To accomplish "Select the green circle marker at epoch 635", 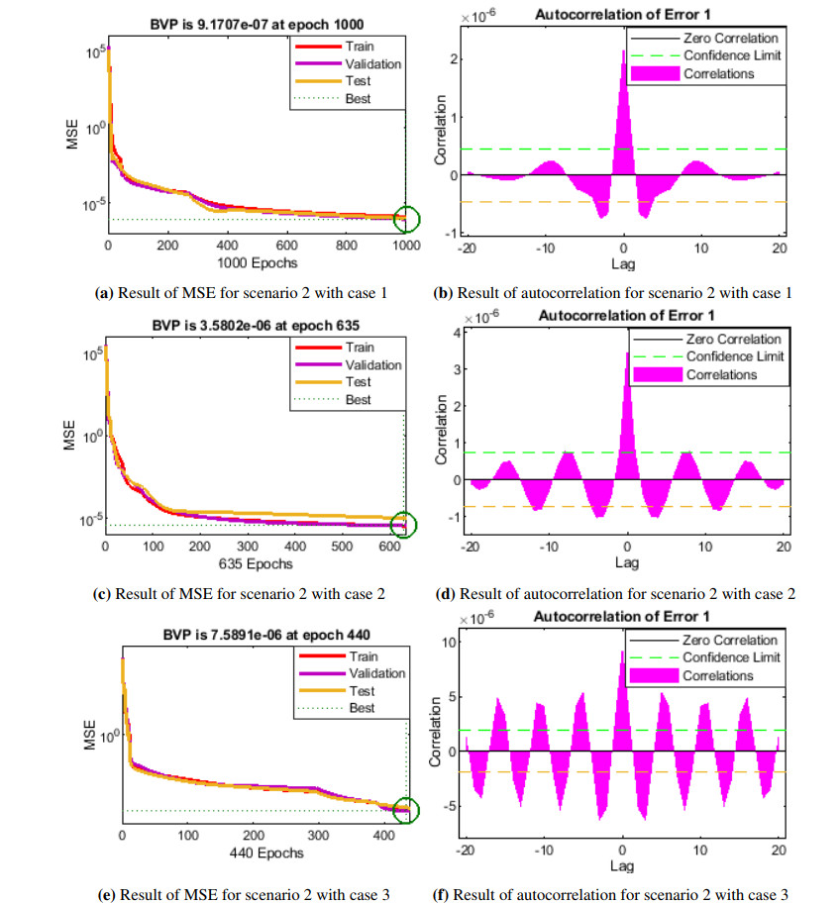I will [x=404, y=524].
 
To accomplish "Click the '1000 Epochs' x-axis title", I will [x=256, y=263].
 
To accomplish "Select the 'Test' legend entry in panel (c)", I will [x=360, y=382].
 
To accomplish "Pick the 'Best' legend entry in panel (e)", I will [x=361, y=709].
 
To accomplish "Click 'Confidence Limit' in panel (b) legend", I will [x=733, y=56].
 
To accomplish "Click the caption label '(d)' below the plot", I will [x=445, y=594].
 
